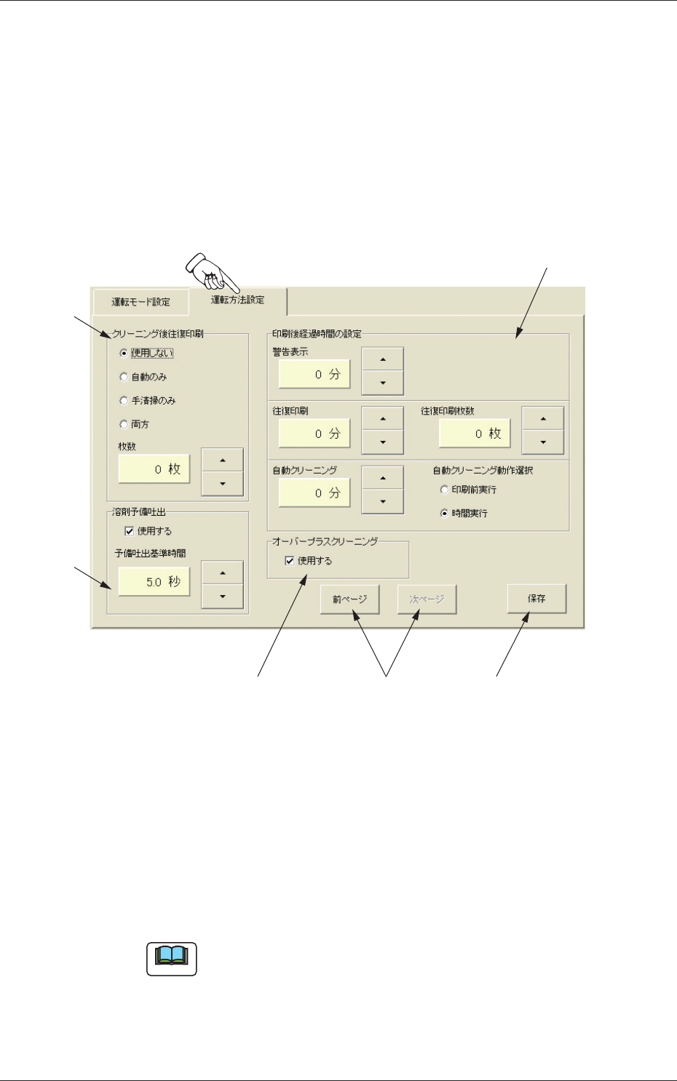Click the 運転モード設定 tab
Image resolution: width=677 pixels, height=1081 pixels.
pos(140,302)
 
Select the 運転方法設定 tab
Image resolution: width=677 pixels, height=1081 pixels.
pos(237,300)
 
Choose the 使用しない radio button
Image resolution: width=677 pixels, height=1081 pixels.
pos(124,354)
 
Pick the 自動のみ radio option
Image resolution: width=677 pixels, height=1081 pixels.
pos(124,378)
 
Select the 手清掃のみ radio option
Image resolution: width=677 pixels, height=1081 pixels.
pos(124,401)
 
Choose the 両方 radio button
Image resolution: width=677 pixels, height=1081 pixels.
pos(124,425)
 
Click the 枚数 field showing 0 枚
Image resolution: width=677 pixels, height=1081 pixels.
pos(154,469)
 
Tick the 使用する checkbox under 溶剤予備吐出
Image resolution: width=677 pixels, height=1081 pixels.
pos(130,531)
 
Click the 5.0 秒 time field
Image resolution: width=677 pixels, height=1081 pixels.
pos(154,582)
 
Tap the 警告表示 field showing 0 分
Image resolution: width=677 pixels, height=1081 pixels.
pos(314,375)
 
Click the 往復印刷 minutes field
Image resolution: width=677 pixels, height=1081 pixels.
pos(314,434)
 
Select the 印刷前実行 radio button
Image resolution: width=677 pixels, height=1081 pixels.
pos(444,490)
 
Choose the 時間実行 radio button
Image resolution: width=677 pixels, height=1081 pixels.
pos(444,514)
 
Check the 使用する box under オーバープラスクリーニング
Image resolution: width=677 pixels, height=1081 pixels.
pos(290,561)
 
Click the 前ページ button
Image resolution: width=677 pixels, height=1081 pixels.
pos(349,599)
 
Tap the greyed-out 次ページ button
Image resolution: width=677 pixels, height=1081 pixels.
pos(427,599)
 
